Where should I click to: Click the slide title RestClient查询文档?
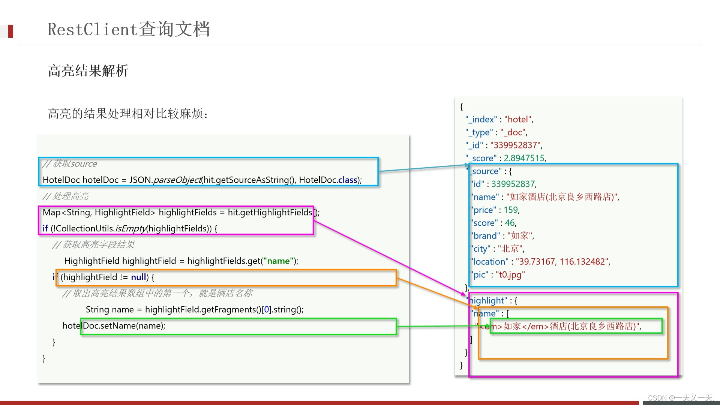128,29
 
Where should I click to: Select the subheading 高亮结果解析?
88,70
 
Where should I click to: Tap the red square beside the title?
10,31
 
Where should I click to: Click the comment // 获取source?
70,163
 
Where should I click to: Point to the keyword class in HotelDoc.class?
347,180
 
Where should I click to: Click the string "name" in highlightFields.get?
278,261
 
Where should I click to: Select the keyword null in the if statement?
138,277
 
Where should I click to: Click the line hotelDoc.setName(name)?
114,325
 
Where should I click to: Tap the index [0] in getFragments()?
266,309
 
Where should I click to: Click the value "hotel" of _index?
518,119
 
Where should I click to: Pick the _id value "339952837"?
515,145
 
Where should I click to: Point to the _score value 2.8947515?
524,158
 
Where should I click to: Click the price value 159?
511,210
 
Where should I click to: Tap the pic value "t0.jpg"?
510,274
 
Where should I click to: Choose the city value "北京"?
510,249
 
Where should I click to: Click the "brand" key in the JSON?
485,236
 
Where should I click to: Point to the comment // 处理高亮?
66,196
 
